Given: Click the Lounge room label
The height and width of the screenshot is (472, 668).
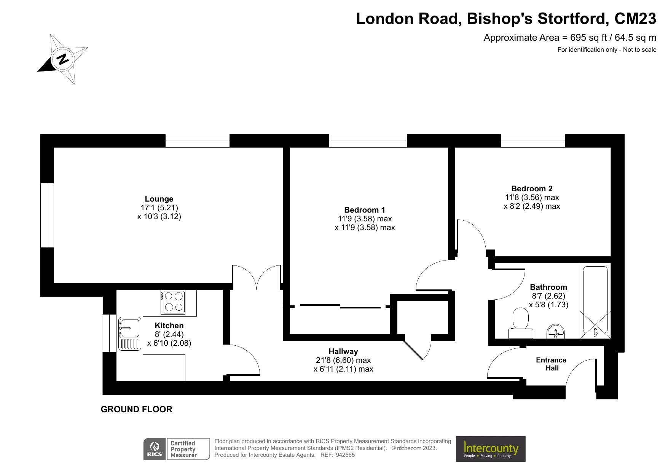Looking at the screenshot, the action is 159,199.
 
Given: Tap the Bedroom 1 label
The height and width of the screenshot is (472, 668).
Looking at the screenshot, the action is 364,210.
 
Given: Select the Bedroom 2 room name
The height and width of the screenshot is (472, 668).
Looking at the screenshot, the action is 532,189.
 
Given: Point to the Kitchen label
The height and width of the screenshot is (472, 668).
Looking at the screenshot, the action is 169,326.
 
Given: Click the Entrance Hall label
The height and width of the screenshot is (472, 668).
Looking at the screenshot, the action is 551,364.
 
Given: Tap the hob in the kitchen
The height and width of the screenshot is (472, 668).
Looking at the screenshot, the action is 174,302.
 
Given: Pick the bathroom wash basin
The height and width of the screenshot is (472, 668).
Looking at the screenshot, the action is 556,332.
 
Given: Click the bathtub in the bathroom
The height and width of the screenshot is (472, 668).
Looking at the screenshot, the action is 595,300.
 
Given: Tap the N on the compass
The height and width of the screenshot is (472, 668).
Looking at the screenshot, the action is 62,59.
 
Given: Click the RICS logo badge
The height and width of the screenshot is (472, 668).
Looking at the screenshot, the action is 155,449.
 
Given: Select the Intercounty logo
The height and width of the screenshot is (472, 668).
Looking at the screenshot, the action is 491,449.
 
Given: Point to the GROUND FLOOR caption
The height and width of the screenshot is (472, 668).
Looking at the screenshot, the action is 136,409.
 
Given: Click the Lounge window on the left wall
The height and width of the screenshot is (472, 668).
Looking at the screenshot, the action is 47,215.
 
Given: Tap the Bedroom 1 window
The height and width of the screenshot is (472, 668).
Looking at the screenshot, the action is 368,141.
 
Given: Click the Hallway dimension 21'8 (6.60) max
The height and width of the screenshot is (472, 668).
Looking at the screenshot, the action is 343,360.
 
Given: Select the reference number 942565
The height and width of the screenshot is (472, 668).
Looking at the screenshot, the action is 345,455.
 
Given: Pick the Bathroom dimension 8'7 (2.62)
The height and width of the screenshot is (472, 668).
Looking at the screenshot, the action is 548,296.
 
